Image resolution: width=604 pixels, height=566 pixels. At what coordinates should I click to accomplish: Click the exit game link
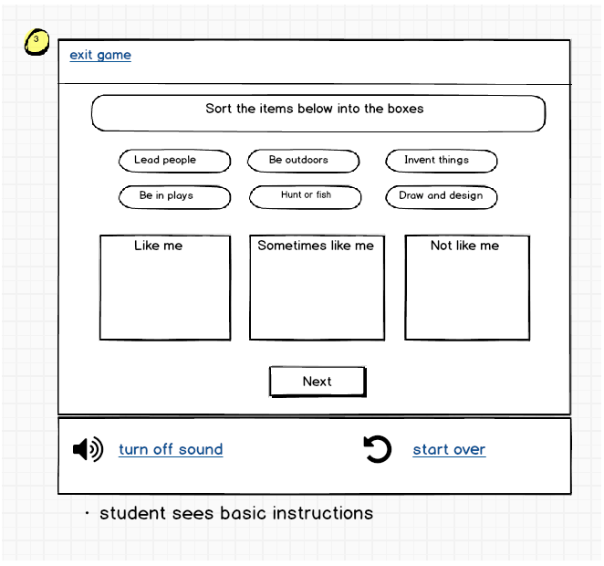click(x=100, y=55)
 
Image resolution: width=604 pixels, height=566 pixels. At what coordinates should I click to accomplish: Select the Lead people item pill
click(x=174, y=161)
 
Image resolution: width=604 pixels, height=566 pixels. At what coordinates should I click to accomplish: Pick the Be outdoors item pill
click(x=303, y=161)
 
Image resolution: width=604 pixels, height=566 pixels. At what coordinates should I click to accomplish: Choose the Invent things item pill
click(x=441, y=161)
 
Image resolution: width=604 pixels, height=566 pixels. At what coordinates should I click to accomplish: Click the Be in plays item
click(x=174, y=196)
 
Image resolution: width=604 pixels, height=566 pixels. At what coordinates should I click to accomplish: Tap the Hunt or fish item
click(x=306, y=196)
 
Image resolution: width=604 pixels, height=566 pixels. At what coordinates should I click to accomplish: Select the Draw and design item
click(x=441, y=196)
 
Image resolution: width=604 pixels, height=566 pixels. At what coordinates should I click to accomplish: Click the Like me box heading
click(x=159, y=246)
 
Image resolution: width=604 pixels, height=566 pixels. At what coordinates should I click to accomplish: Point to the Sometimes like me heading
click(x=316, y=246)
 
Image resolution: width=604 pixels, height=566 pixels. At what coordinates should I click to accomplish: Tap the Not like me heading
click(x=464, y=246)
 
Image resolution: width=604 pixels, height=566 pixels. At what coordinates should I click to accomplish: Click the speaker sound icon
click(x=88, y=449)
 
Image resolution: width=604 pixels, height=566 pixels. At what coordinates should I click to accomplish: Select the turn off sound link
click(x=171, y=449)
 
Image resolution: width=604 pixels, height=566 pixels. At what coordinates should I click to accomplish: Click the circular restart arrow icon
click(x=377, y=449)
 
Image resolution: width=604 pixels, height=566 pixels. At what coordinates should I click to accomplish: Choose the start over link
click(x=449, y=449)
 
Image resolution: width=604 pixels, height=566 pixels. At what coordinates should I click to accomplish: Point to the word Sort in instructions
click(x=219, y=109)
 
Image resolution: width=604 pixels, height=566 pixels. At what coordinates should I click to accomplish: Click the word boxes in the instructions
click(x=403, y=109)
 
